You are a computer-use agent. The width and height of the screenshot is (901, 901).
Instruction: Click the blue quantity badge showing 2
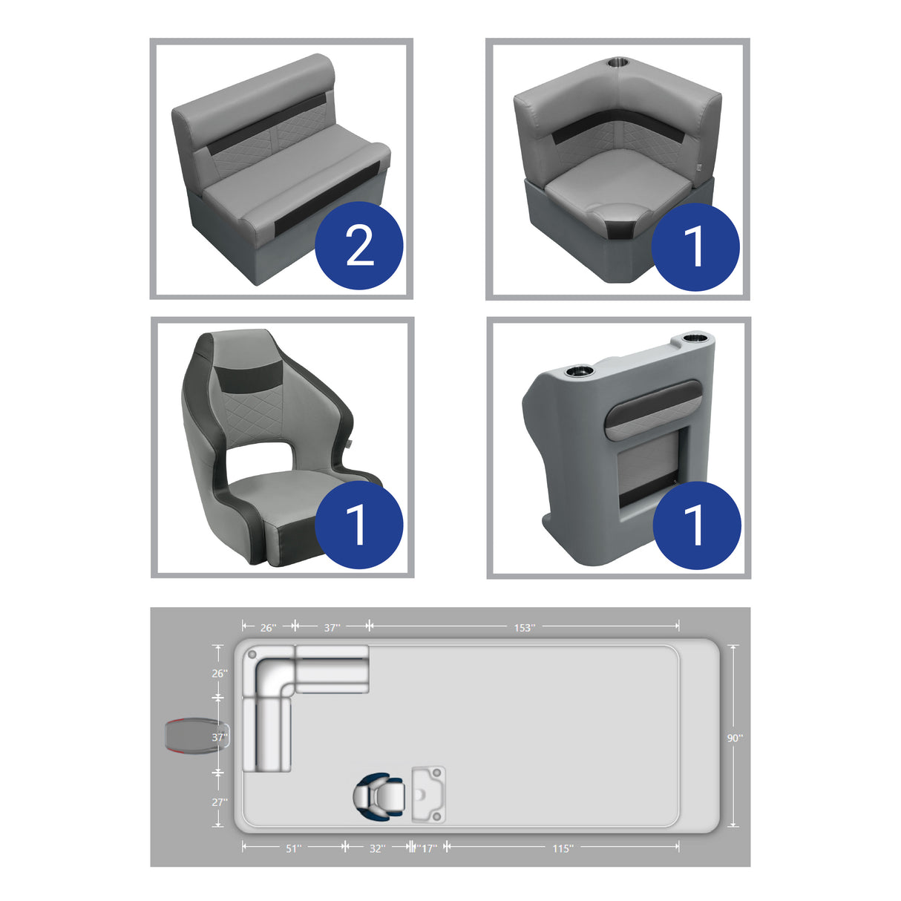[359, 246]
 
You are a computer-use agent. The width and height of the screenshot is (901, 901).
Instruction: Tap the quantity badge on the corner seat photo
[695, 246]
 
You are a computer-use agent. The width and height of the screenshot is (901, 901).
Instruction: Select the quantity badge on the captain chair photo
[359, 525]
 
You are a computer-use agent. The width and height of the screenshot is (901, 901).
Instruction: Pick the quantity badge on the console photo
[696, 525]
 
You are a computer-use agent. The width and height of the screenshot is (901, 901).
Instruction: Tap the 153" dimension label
[524, 628]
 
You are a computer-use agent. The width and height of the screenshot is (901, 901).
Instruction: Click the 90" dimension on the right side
[735, 738]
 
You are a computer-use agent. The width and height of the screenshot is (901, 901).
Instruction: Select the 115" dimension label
[563, 848]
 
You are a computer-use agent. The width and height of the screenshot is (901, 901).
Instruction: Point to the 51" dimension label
[293, 848]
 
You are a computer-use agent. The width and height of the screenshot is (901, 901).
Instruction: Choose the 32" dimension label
[377, 848]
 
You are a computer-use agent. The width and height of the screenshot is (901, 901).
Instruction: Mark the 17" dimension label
[428, 848]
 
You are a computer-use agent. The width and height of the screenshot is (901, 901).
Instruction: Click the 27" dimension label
[220, 802]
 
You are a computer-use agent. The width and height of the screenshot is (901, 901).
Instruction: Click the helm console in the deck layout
[429, 794]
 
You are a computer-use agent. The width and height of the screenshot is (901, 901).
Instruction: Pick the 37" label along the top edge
[332, 628]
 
